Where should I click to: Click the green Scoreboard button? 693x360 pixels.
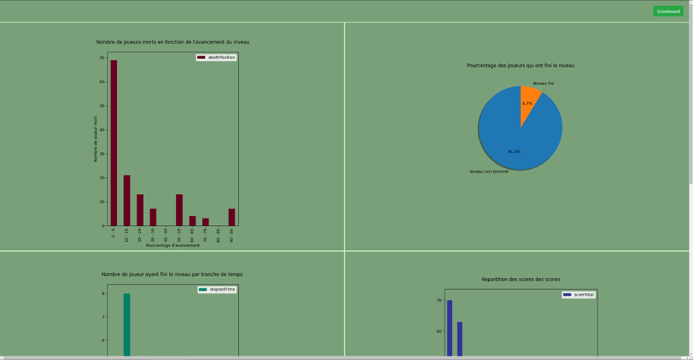pyautogui.click(x=668, y=11)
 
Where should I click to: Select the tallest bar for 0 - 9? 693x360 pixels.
pyautogui.click(x=114, y=140)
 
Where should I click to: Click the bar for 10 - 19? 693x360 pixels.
pyautogui.click(x=127, y=199)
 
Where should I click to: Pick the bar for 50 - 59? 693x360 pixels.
pyautogui.click(x=179, y=210)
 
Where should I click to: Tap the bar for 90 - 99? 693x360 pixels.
pyautogui.click(x=231, y=217)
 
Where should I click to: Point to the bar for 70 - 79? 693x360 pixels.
pyautogui.click(x=206, y=221)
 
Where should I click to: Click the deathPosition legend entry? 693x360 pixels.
pyautogui.click(x=216, y=58)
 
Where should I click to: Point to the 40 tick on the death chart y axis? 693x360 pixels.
pyautogui.click(x=102, y=130)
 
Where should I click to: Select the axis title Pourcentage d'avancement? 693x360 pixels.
pyautogui.click(x=173, y=245)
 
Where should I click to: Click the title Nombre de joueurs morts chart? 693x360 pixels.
pyautogui.click(x=173, y=42)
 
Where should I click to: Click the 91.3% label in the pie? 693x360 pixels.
pyautogui.click(x=514, y=151)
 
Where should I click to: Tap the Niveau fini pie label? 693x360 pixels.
pyautogui.click(x=543, y=83)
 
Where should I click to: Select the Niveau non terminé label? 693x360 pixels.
pyautogui.click(x=489, y=172)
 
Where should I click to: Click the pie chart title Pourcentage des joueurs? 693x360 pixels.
pyautogui.click(x=520, y=66)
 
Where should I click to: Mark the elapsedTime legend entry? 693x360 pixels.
pyautogui.click(x=217, y=290)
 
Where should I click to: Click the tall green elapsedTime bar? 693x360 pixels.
pyautogui.click(x=127, y=325)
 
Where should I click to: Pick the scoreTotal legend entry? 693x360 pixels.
pyautogui.click(x=579, y=294)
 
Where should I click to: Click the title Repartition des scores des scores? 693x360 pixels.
pyautogui.click(x=520, y=280)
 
